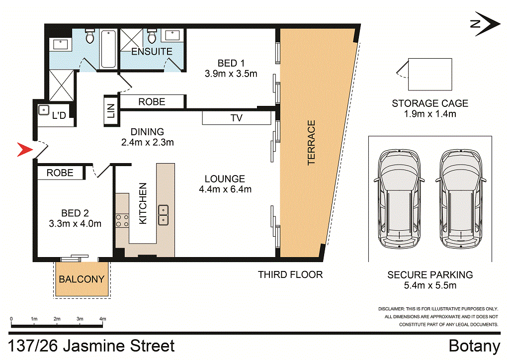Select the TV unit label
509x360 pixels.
tap(237, 118)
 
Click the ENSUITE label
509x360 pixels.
tap(152, 51)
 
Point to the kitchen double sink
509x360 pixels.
tap(163, 216)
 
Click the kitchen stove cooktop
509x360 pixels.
tap(122, 220)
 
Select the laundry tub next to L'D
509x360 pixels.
tap(44, 111)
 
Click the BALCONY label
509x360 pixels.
tap(82, 279)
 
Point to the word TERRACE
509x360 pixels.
tap(312, 142)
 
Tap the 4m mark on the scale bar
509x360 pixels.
tap(103, 319)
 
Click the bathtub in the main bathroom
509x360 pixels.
tap(108, 50)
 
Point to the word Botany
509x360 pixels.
tap(474, 346)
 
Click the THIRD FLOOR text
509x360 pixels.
tap(290, 274)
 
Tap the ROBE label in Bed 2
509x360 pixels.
tap(60, 173)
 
